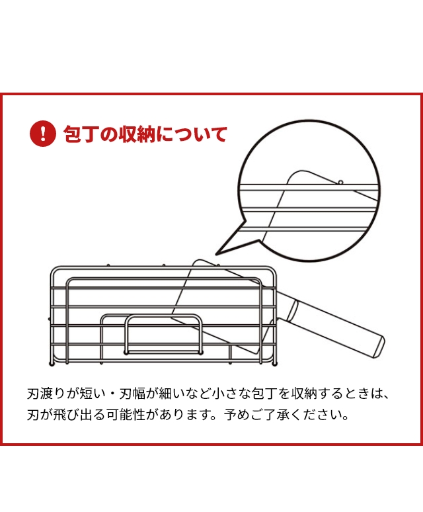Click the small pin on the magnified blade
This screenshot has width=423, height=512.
pos(340,181)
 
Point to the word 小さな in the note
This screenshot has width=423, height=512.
pos(229,395)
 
